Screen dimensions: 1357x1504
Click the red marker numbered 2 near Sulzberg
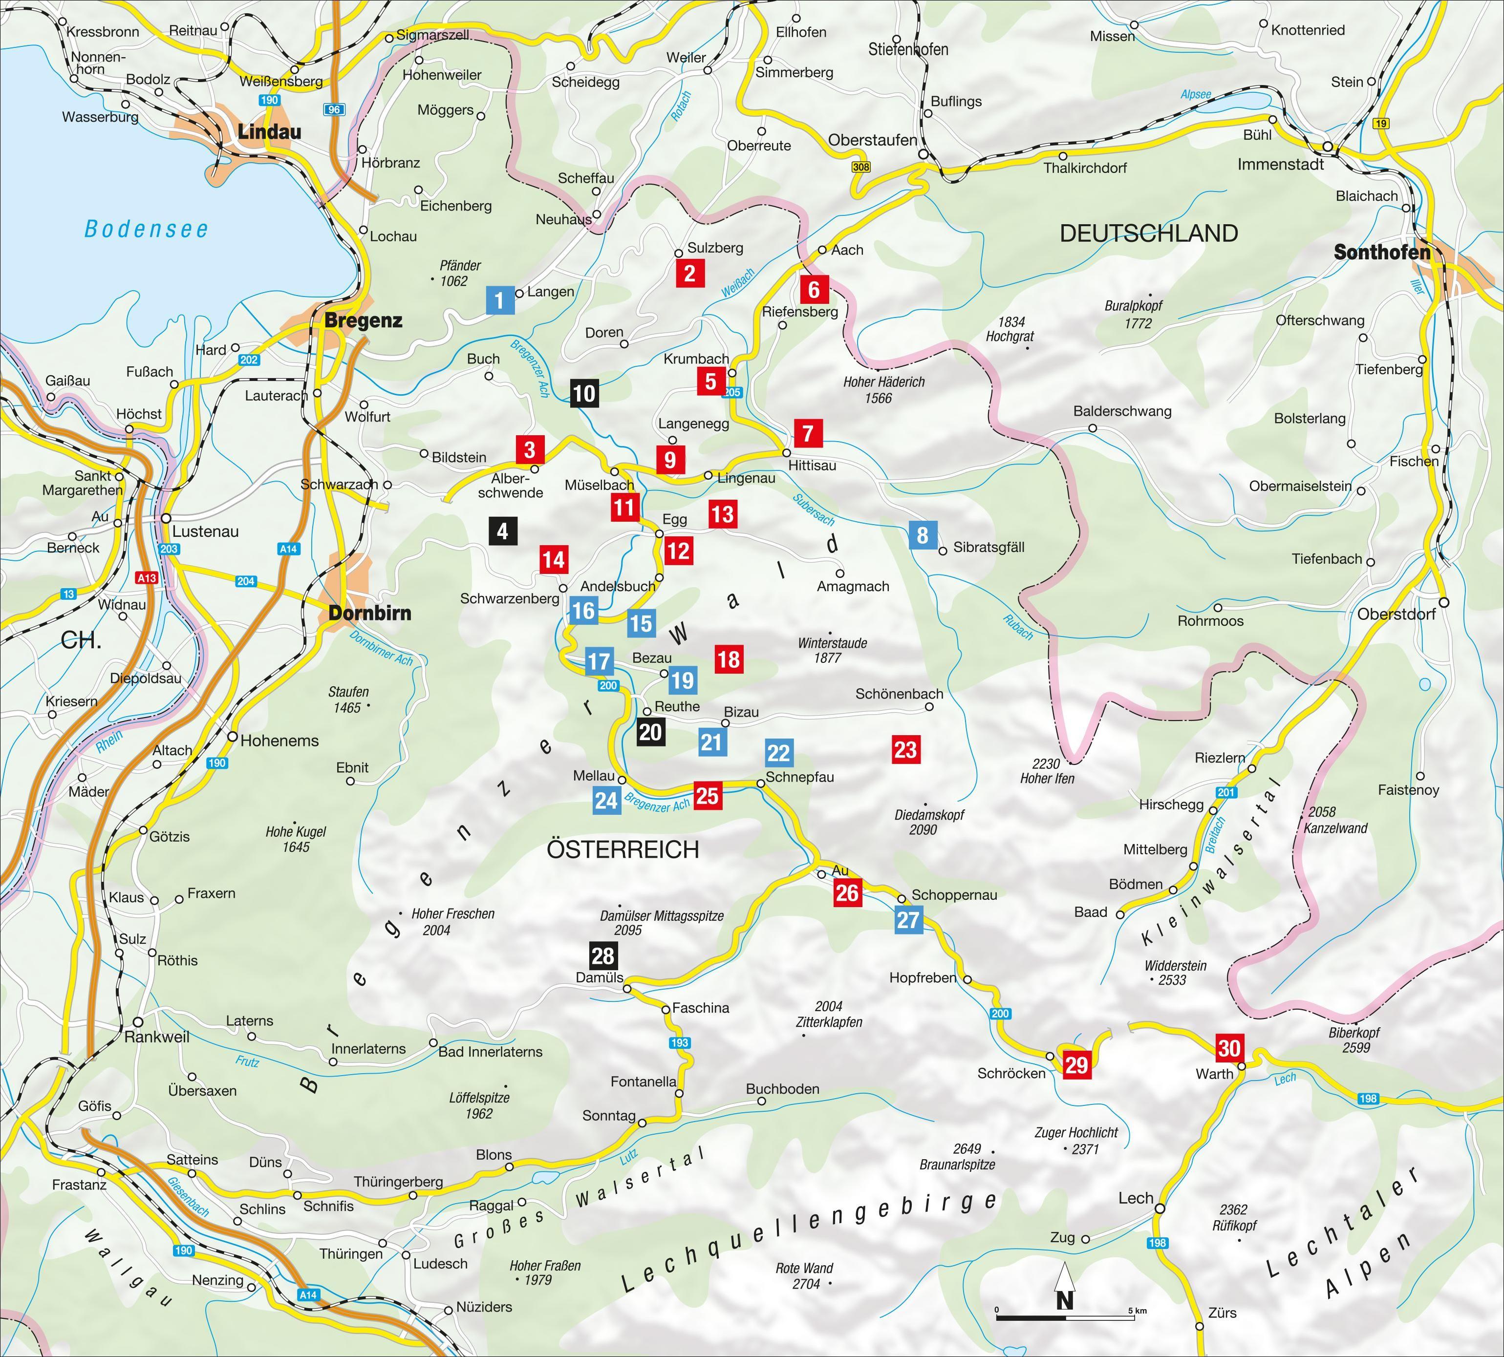pos(690,274)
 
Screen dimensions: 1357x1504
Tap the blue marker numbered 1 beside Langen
pos(499,300)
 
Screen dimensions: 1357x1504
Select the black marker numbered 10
pos(584,393)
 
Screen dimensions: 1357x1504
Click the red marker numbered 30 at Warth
pos(1229,1048)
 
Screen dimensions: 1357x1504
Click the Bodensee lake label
pos(146,229)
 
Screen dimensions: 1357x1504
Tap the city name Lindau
pos(269,132)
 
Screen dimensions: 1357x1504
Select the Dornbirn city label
pos(370,613)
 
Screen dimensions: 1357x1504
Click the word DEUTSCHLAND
pos(1148,233)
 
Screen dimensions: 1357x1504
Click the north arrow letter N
pos(1065,1300)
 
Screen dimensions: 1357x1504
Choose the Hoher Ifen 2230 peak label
pos(1047,771)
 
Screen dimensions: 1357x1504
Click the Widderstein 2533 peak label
pos(1175,972)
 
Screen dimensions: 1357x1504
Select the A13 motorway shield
pos(147,578)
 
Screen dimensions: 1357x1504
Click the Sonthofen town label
pos(1382,252)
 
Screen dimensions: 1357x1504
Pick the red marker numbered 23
pos(905,749)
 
